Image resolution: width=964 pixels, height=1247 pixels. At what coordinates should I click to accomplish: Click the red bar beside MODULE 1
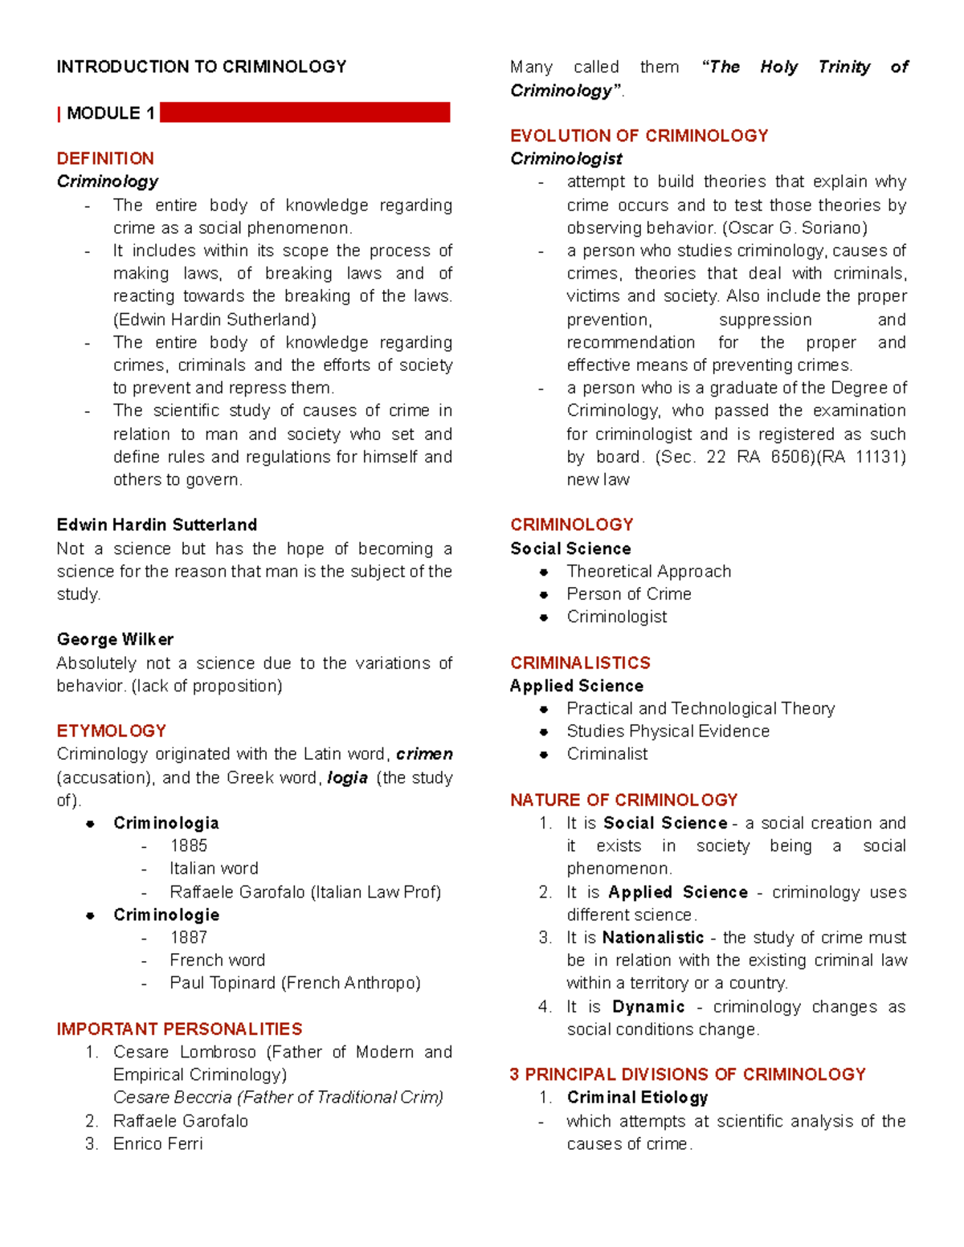304,112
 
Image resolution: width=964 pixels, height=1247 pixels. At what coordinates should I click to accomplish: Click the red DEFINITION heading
105,158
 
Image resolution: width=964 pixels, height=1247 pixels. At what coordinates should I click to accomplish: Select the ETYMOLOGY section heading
112,731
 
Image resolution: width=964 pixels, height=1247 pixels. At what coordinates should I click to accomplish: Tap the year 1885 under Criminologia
189,846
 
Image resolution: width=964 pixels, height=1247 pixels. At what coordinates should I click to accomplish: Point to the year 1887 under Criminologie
189,937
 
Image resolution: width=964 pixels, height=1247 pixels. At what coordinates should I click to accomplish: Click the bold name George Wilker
115,639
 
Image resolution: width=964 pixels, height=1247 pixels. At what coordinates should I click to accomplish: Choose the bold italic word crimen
424,754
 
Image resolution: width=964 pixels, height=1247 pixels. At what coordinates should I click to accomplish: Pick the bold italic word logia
348,777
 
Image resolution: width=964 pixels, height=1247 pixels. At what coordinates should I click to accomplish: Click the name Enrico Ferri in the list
158,1143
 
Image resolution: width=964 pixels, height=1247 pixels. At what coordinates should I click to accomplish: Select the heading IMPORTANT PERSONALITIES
179,1029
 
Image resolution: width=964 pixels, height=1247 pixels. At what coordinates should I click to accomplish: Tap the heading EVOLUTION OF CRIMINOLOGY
639,136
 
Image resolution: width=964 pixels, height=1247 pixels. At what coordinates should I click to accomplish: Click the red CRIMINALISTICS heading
580,662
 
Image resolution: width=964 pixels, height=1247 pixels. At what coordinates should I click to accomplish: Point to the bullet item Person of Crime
629,594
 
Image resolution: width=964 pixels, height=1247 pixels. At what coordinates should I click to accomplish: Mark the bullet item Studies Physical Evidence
668,731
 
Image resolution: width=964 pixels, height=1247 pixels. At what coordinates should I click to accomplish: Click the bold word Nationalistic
653,938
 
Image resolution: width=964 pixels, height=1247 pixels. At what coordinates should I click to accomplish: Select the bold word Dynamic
648,1007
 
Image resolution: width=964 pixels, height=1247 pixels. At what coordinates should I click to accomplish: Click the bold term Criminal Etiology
637,1098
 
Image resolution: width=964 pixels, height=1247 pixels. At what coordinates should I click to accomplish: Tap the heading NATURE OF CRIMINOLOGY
623,800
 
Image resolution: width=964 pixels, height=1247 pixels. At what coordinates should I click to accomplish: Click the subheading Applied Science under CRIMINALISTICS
577,686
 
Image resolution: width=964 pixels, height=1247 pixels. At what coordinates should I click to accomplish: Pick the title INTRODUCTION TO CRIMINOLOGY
202,67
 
